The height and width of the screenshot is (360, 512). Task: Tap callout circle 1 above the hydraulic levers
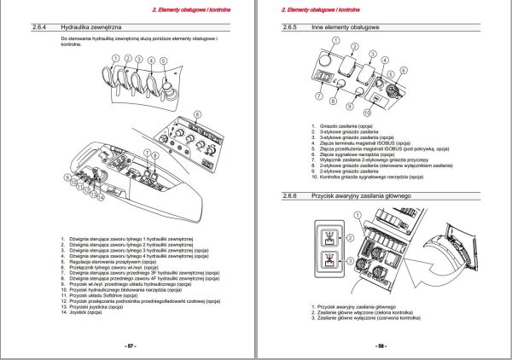click(x=115, y=60)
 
